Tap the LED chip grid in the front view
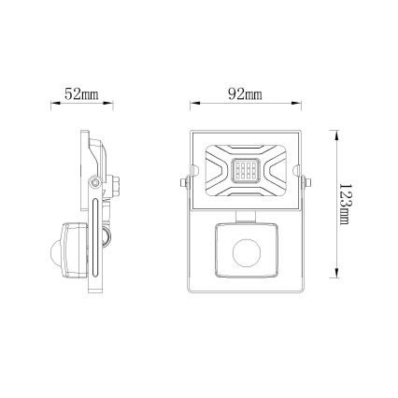(245, 172)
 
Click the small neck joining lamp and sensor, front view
(245, 214)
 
